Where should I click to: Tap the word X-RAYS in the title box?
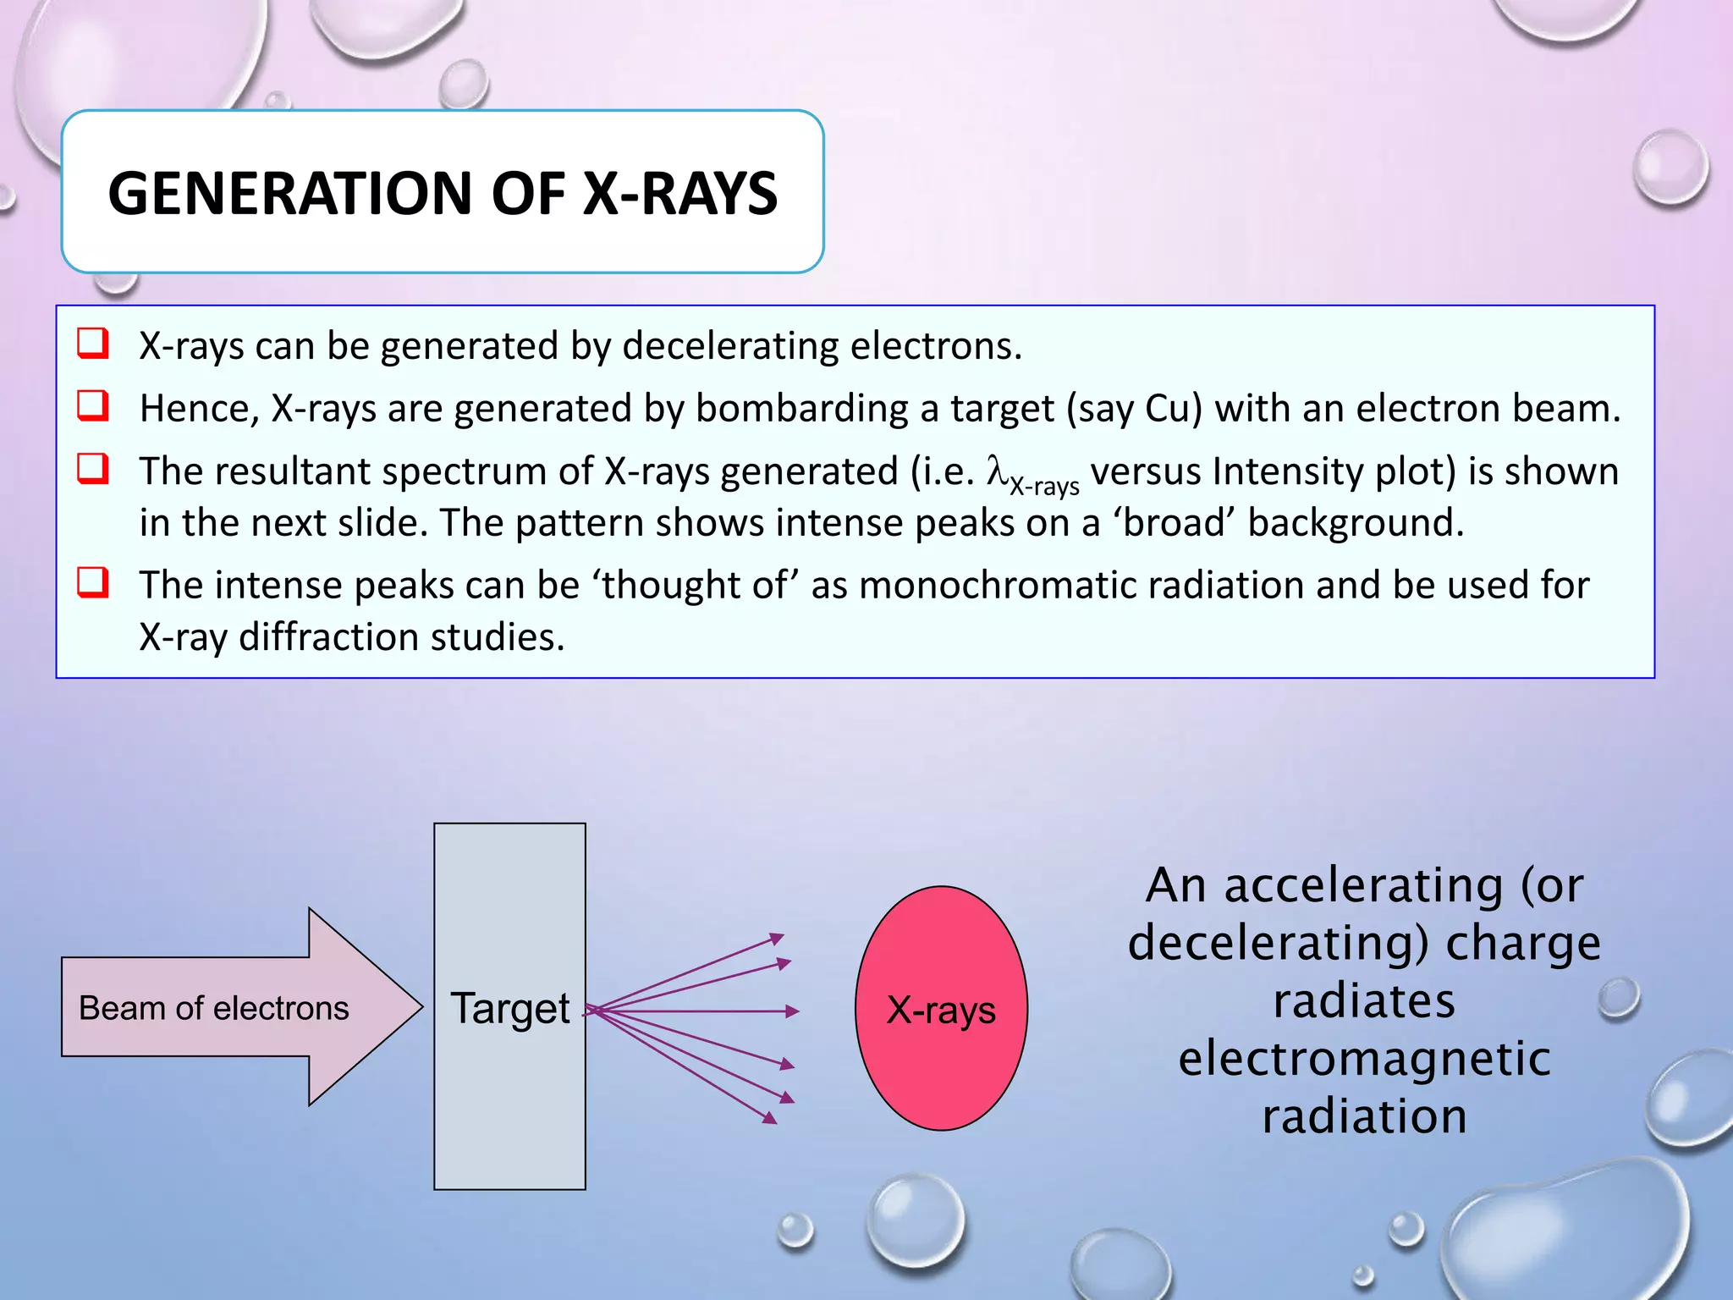coord(680,194)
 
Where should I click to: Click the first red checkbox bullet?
coord(93,344)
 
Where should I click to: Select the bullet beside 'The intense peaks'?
coord(93,583)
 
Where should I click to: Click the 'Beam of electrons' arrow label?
coord(213,1008)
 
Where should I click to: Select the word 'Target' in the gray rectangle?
coord(509,1008)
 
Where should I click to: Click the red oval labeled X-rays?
coord(941,1009)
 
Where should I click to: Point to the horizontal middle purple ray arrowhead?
coord(792,1011)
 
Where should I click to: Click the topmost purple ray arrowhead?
coord(777,938)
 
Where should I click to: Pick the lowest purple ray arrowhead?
coord(769,1119)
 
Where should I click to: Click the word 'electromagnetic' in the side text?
coord(1364,1059)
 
